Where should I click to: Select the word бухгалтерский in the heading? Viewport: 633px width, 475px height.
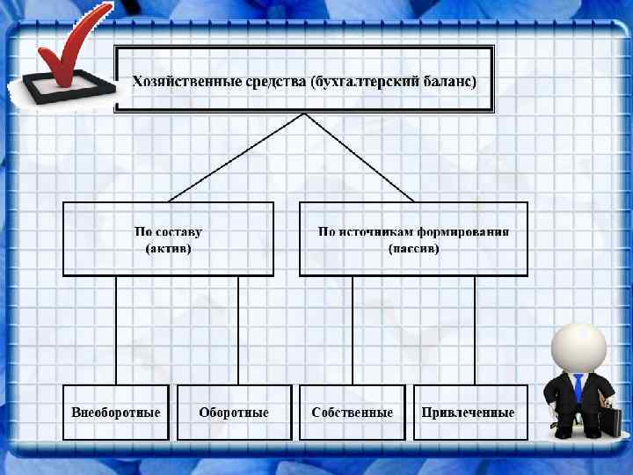[360, 82]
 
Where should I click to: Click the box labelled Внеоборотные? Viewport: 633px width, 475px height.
[115, 413]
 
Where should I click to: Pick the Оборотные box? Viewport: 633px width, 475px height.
[233, 413]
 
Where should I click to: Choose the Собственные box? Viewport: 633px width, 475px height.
[352, 413]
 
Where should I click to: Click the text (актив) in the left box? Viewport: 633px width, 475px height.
[167, 249]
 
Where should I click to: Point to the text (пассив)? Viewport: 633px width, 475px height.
[413, 249]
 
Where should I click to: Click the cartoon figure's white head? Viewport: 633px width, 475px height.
[578, 347]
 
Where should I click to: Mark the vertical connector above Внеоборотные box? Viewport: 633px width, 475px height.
[115, 330]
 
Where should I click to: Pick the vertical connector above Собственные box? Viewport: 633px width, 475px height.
[352, 330]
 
